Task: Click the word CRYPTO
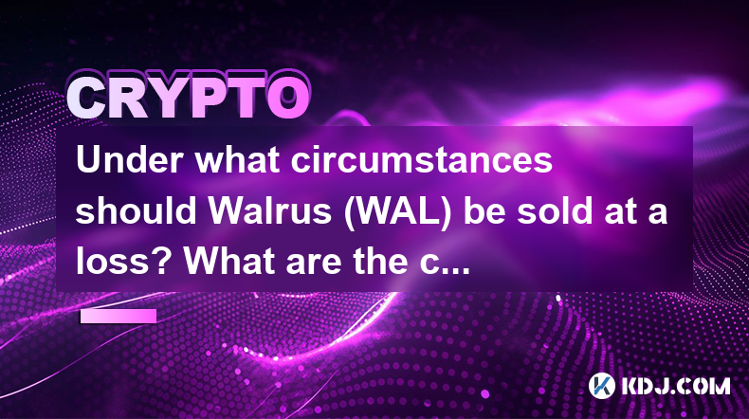(188, 98)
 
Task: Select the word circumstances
(422, 161)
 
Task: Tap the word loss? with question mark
(125, 262)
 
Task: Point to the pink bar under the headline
(119, 316)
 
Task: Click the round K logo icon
(601, 386)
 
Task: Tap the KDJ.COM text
(675, 386)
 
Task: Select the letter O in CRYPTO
(288, 98)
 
